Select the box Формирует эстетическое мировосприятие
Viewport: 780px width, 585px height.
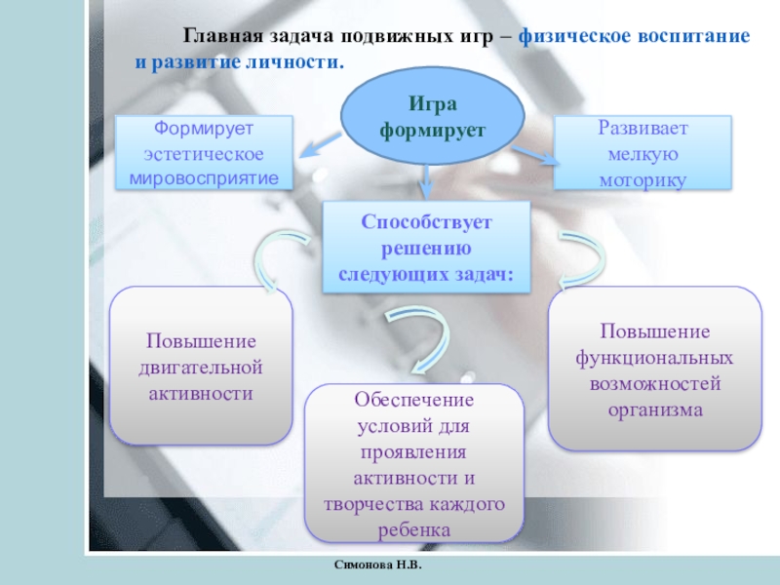tap(205, 152)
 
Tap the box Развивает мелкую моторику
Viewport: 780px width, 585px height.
tap(643, 152)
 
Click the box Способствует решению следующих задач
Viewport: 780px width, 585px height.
tap(427, 249)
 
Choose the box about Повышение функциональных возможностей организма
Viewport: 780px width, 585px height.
tap(655, 370)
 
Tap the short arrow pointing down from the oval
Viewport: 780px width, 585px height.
tap(426, 179)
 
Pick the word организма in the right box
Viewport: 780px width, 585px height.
tap(655, 409)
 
